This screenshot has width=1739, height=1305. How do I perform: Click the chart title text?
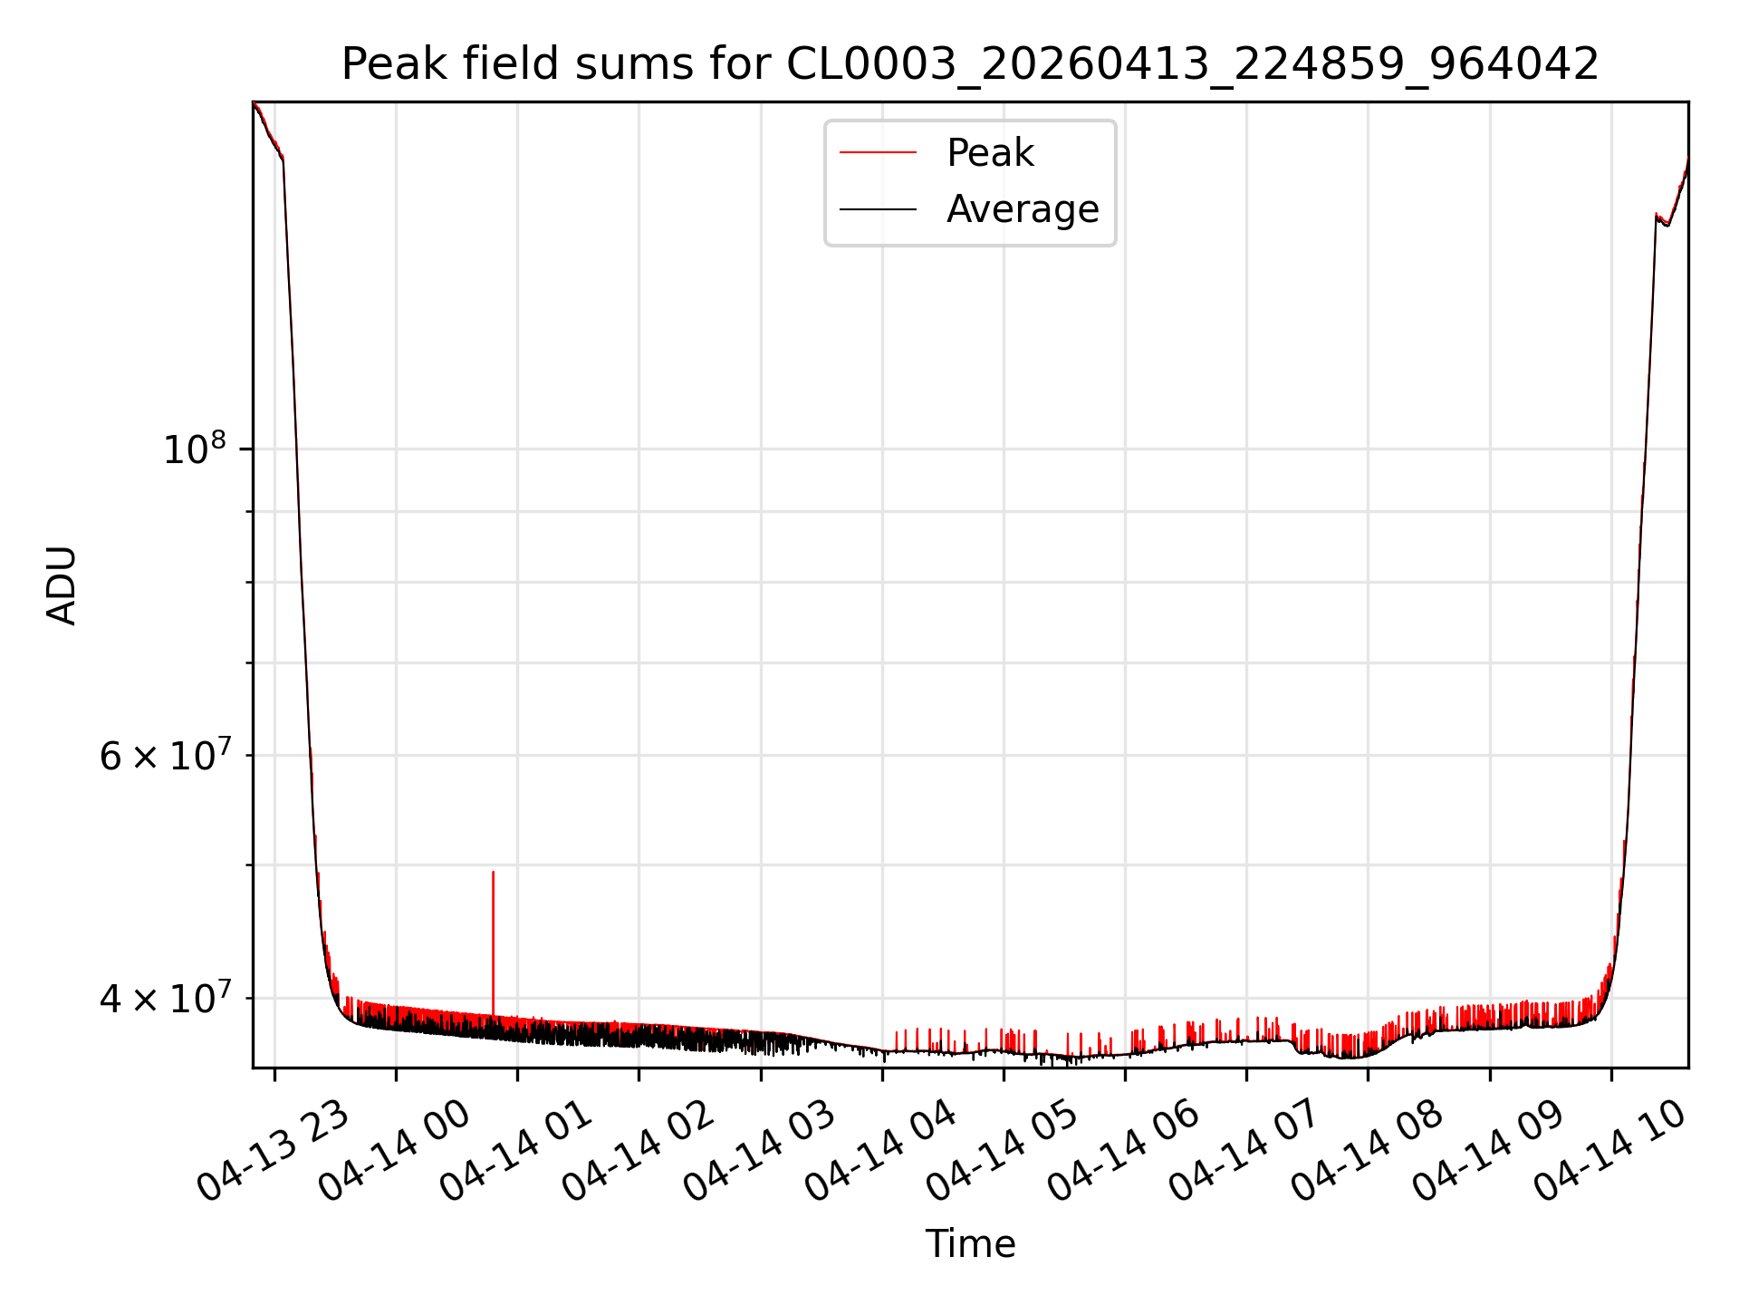coord(970,64)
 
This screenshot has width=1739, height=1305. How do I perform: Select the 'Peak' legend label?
coord(990,153)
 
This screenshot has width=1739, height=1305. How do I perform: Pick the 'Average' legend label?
coord(1023,209)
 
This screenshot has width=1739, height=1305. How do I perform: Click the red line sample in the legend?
coord(878,153)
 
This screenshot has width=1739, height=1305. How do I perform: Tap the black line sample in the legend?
coord(878,209)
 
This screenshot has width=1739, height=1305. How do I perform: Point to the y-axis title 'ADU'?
coord(62,585)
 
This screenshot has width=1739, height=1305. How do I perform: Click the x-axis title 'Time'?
coord(970,1244)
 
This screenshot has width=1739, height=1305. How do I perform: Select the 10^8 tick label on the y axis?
coord(194,449)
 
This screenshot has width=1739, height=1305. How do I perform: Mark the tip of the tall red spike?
coord(493,872)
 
